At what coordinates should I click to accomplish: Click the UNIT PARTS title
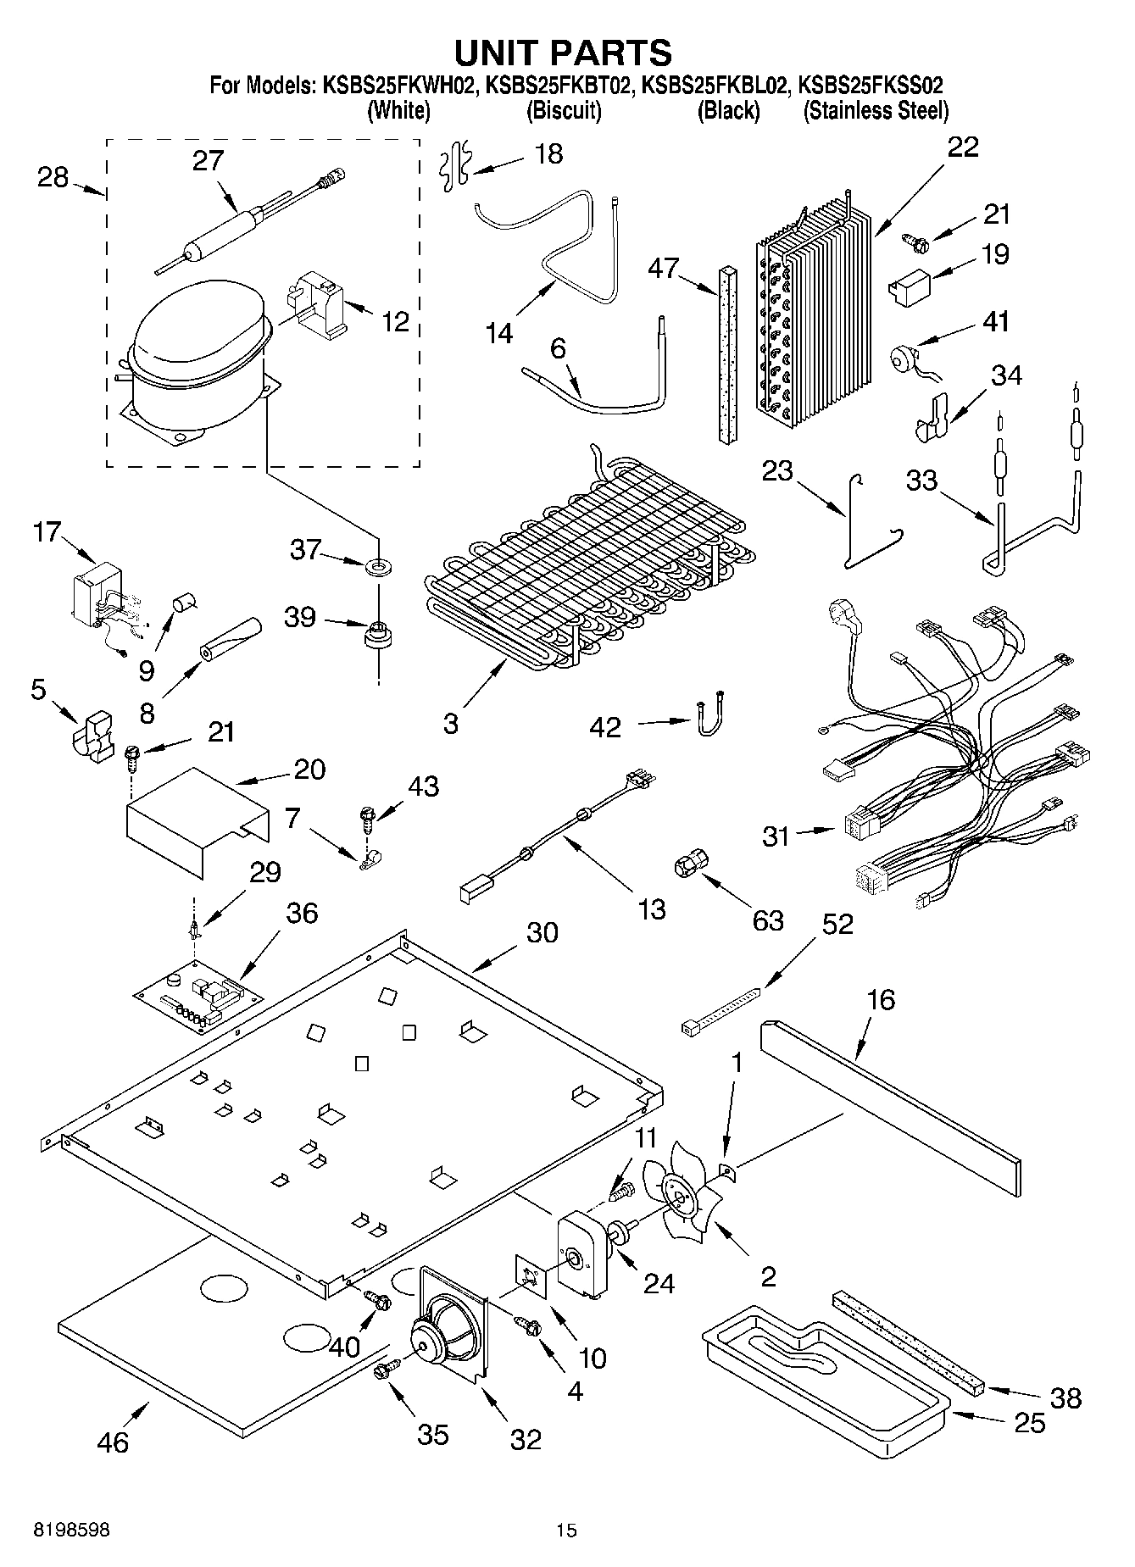(x=564, y=53)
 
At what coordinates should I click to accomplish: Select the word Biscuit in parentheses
(x=564, y=110)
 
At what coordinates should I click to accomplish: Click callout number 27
(x=208, y=160)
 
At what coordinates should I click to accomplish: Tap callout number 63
(x=768, y=920)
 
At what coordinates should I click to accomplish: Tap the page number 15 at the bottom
(x=566, y=1531)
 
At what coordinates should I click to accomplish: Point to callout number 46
(x=113, y=1442)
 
